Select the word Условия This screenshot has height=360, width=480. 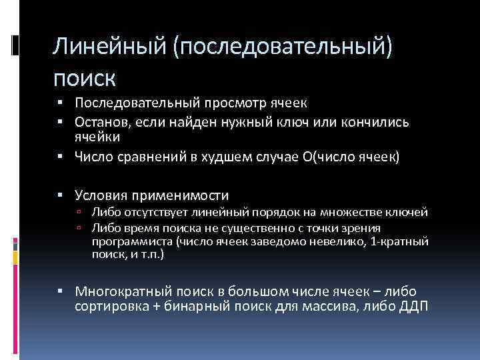click(102, 195)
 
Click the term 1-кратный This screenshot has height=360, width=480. click(401, 241)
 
